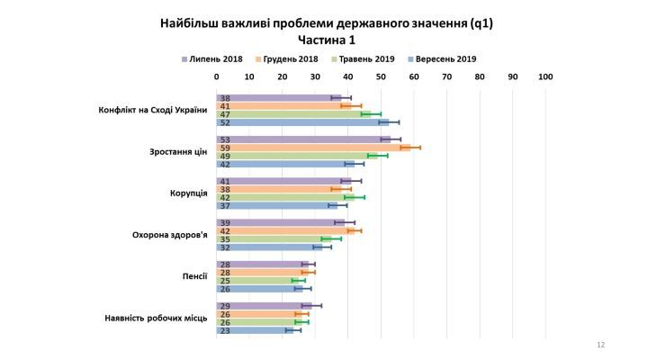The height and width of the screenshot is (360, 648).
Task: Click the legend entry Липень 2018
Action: tap(215, 58)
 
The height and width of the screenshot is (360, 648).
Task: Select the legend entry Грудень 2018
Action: tap(290, 58)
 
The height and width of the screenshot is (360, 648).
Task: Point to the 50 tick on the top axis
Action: tap(381, 77)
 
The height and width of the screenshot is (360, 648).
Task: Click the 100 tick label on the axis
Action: tap(545, 77)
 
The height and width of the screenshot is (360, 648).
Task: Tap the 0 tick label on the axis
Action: tap(216, 77)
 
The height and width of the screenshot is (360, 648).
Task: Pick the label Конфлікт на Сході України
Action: tap(153, 111)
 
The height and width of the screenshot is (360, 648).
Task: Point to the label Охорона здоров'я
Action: tap(170, 235)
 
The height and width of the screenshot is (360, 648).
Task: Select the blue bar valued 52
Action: tap(301, 122)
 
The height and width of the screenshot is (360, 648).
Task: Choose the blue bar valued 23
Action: tap(254, 330)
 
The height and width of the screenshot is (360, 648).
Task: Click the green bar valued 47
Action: tap(293, 114)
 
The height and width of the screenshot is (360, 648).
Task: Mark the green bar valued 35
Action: tap(274, 238)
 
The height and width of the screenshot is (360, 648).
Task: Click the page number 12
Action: tap(600, 346)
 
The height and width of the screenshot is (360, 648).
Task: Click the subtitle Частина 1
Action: tap(326, 39)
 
